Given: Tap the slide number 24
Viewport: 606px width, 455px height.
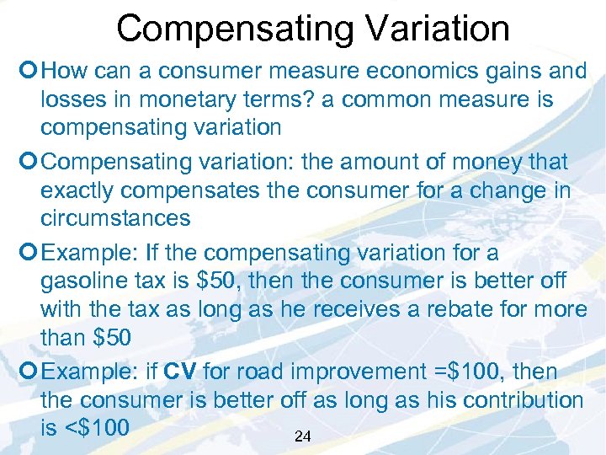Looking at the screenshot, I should [x=303, y=436].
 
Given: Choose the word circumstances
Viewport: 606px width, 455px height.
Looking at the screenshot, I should [x=115, y=218].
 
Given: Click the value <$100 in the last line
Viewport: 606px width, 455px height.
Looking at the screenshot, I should [x=84, y=427].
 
